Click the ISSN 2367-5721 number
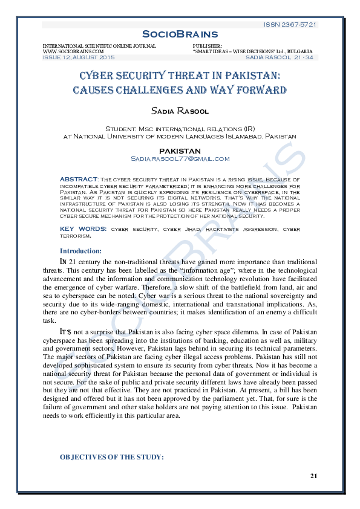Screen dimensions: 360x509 [290, 24]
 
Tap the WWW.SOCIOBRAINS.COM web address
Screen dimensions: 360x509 [65, 51]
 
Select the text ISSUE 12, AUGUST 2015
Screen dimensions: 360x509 [78, 57]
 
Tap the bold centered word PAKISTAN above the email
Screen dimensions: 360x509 [180, 151]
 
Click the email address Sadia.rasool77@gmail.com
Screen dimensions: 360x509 [180, 158]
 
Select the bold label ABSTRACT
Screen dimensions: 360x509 [79, 179]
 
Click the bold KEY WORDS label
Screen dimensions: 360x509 [83, 229]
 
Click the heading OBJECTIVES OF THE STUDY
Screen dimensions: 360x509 [112, 457]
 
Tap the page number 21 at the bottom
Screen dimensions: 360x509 [313, 476]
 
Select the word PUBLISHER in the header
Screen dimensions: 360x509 [207, 46]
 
